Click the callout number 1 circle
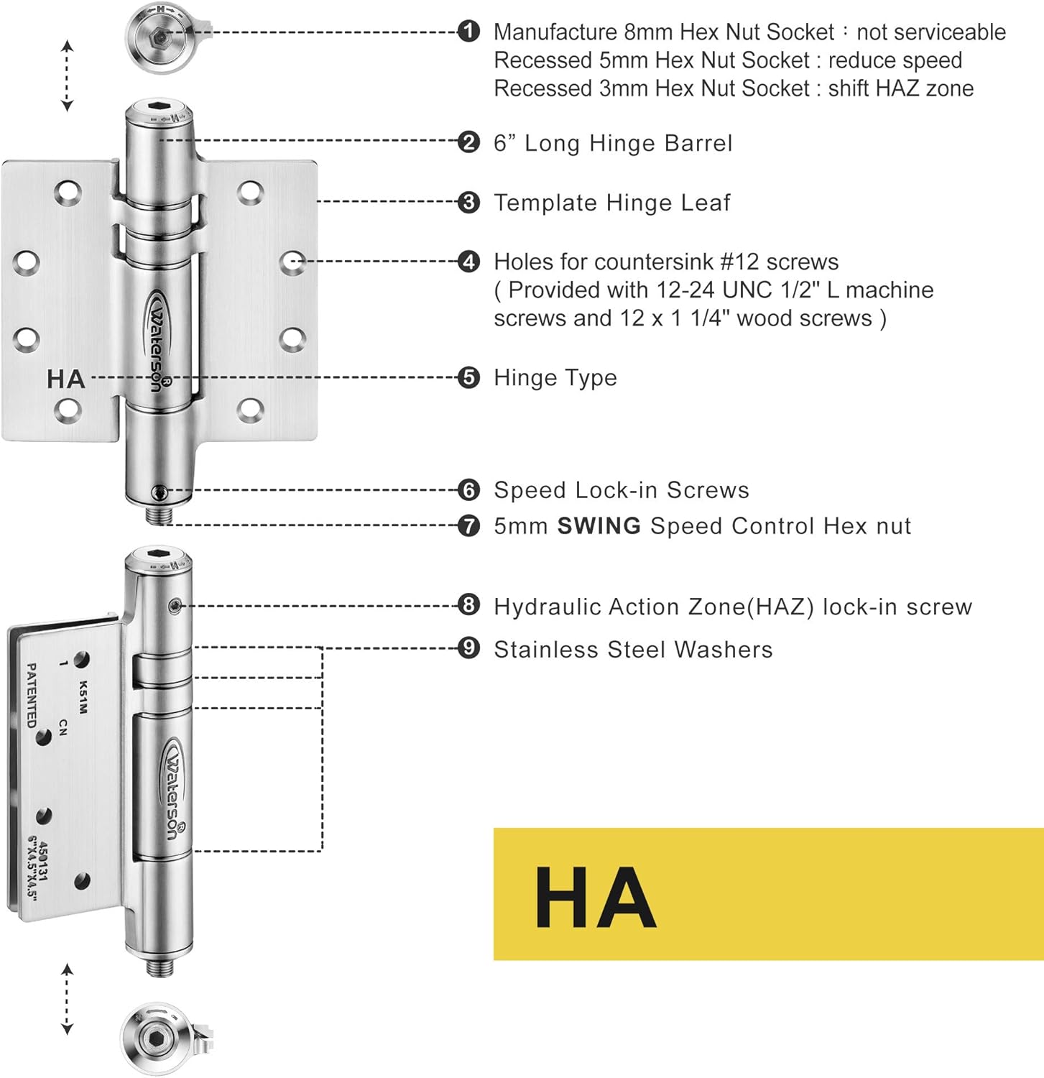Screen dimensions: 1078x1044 click(468, 32)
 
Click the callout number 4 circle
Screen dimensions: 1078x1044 click(468, 262)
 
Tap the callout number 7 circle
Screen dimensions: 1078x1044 click(468, 526)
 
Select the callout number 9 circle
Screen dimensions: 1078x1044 click(468, 648)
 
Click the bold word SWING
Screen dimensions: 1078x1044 click(599, 526)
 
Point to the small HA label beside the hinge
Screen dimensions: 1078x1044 click(65, 379)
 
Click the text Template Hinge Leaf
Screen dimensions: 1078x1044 click(611, 203)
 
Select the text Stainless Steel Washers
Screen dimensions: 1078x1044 click(633, 650)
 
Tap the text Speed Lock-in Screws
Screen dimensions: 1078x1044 click(621, 490)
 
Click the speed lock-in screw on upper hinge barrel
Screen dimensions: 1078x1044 click(160, 492)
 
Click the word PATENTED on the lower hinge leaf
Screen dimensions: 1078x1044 click(31, 695)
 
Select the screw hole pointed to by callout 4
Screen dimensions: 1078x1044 click(292, 262)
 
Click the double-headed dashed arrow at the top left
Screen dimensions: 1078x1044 click(67, 76)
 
